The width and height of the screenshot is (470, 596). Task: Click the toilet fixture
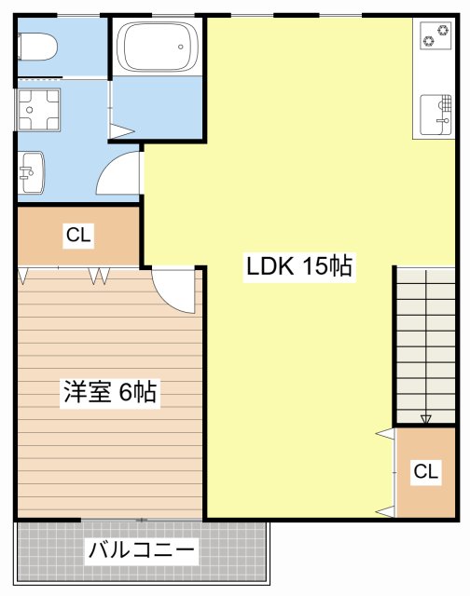tap(37, 47)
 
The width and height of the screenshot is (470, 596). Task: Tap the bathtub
tap(158, 47)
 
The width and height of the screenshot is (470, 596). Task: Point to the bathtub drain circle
tap(180, 47)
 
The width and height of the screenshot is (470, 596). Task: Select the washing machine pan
tap(38, 110)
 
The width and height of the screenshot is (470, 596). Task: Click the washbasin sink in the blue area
tap(32, 172)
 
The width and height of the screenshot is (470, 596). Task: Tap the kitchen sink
tap(436, 115)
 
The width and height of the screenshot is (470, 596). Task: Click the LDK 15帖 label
tap(299, 266)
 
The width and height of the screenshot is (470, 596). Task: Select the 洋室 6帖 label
tap(110, 391)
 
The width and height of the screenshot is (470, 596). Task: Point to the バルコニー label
tap(141, 549)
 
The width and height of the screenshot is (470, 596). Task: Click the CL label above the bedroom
tap(78, 235)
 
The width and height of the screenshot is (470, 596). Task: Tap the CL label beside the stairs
tap(426, 471)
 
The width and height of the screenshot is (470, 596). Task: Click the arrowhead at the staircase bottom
tap(426, 419)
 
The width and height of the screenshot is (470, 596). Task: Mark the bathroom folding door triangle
tap(121, 131)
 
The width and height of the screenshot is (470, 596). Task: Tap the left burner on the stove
tap(429, 40)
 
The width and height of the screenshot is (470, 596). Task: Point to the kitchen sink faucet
tap(443, 121)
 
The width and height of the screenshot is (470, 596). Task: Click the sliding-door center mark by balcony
tap(142, 520)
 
